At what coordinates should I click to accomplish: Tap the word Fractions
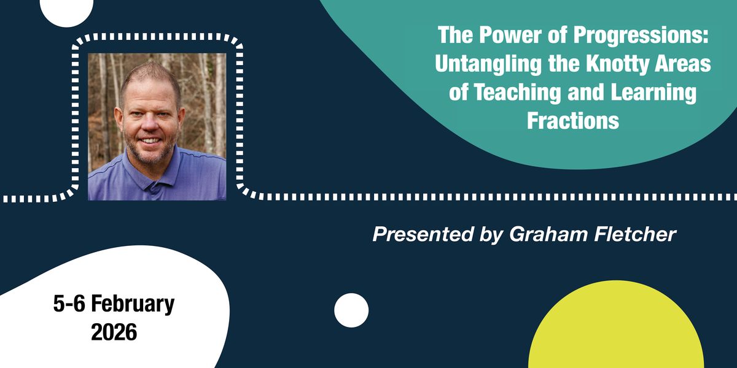(572, 121)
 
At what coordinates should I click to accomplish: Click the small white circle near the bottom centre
(351, 310)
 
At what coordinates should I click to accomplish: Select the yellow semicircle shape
(616, 331)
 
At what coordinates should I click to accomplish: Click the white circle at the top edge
(66, 9)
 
